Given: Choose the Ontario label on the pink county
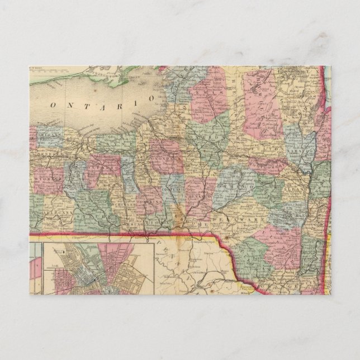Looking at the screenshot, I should pos(103,166).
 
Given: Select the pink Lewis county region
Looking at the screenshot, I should pos(210,101).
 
